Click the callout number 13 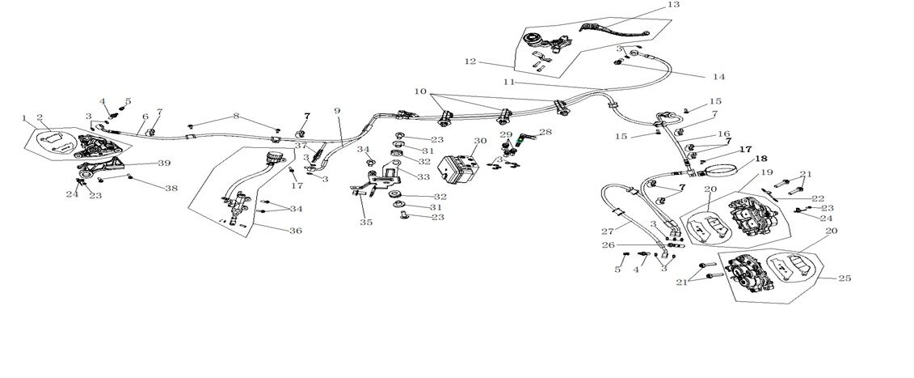click(x=674, y=5)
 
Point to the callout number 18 click(x=739, y=159)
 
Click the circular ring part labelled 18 click(x=722, y=170)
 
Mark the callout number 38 click(x=171, y=188)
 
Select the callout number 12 click(x=471, y=62)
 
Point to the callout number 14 click(x=718, y=77)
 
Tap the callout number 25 click(x=845, y=278)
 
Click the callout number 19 click(x=765, y=173)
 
